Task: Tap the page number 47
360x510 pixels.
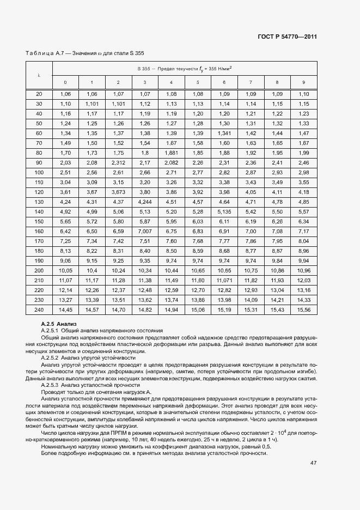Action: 313,463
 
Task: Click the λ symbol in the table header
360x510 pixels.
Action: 39,75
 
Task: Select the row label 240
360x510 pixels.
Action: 39,309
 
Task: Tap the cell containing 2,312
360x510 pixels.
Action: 118,163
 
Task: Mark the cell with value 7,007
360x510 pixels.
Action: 144,232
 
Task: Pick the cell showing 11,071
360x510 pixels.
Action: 224,280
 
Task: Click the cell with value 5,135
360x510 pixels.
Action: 224,212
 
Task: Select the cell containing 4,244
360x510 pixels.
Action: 144,202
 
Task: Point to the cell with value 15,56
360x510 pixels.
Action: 303,309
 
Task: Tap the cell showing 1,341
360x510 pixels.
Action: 224,133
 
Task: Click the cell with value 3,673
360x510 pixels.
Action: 118,192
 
